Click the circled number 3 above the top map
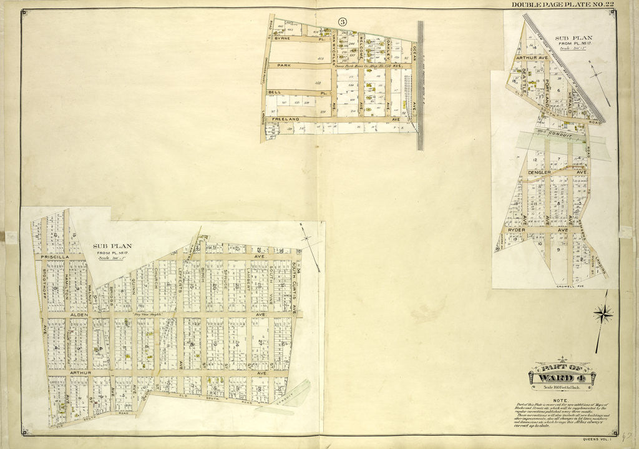click(x=342, y=21)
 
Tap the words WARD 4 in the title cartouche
click(x=562, y=377)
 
